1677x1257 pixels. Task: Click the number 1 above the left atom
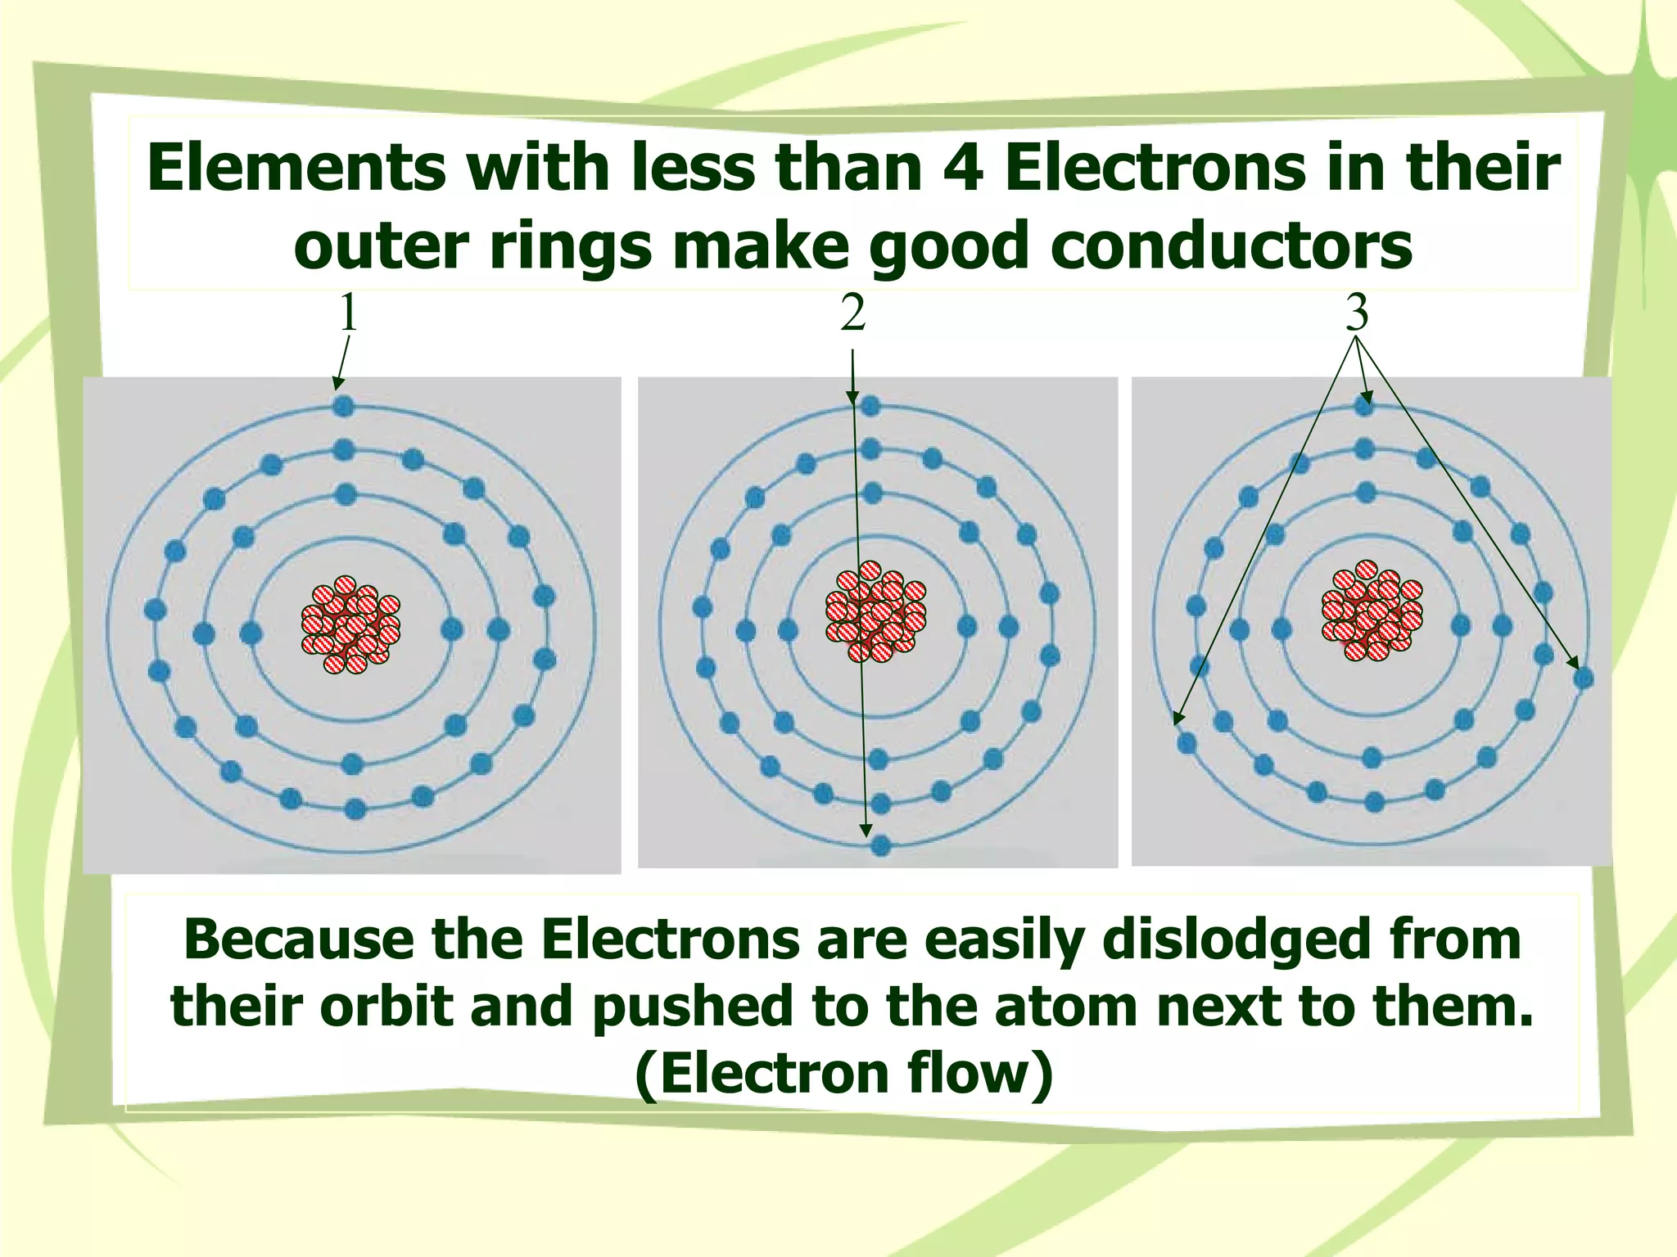(349, 313)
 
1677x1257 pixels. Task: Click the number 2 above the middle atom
(852, 313)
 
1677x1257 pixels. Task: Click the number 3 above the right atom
(1357, 313)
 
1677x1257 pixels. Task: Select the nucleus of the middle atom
(875, 612)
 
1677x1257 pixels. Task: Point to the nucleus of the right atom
(1372, 610)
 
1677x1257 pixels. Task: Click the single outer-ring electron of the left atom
(343, 405)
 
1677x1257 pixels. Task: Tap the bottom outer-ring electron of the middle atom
(881, 845)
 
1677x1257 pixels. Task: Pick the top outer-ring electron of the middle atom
(870, 405)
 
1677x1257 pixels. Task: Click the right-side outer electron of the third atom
(1583, 678)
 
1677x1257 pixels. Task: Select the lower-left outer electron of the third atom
(1186, 743)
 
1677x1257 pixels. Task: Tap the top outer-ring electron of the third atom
(1363, 405)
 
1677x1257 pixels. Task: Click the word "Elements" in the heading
(296, 168)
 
